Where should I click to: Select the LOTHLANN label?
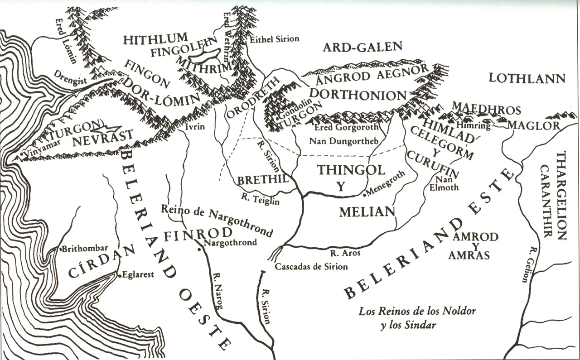pyautogui.click(x=527, y=78)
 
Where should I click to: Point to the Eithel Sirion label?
pyautogui.click(x=274, y=39)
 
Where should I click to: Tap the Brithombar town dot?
pyautogui.click(x=61, y=249)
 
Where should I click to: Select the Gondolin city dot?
pyautogui.click(x=277, y=118)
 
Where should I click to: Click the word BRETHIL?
pyautogui.click(x=263, y=180)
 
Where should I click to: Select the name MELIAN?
pyautogui.click(x=367, y=211)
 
